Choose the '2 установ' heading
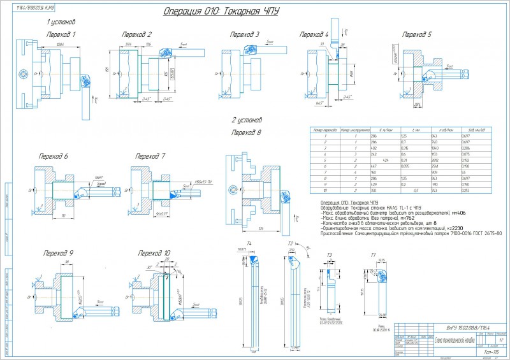pos(246,119)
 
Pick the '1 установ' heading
pos(62,22)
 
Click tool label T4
pos(249,244)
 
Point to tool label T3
pos(330,255)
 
